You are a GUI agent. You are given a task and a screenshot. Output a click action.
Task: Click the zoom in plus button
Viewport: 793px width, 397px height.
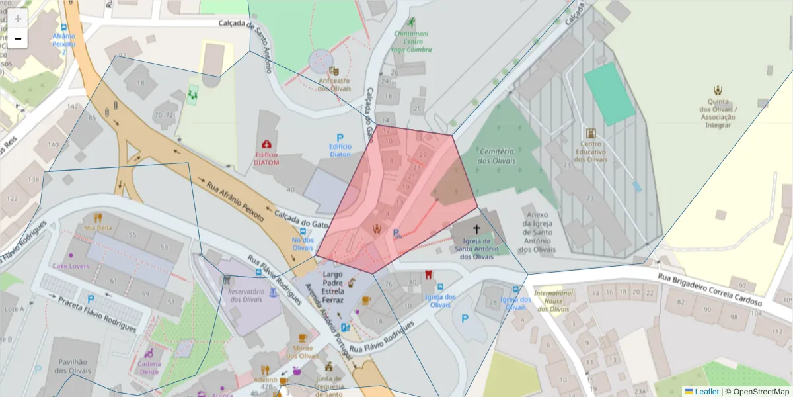(18, 19)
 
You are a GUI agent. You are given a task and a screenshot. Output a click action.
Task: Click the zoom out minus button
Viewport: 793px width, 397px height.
(18, 38)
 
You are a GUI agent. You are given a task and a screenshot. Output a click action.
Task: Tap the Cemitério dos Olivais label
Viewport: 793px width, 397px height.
(497, 156)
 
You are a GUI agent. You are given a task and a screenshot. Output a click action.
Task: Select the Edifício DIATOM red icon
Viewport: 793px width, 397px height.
(266, 144)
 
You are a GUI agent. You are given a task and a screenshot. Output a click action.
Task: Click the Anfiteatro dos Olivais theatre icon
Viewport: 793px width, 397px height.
(334, 70)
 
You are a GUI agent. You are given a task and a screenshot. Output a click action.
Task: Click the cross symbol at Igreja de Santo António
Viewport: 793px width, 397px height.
(476, 228)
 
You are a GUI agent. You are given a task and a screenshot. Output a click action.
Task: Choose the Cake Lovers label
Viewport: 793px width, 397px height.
(71, 266)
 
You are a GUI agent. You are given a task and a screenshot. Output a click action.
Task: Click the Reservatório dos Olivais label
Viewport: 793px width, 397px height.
(246, 295)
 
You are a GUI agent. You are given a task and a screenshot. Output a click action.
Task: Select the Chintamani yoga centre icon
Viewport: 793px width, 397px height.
(412, 22)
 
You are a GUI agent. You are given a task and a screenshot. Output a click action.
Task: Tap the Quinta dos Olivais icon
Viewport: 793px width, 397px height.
(718, 90)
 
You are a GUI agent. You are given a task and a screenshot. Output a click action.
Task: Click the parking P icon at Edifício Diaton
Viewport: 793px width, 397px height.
(340, 136)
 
